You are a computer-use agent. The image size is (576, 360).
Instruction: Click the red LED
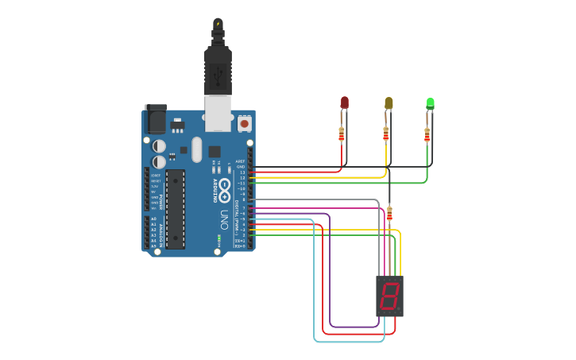pos(344,103)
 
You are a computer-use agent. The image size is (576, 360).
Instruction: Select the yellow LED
pos(389,103)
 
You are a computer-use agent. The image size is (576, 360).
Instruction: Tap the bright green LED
pos(430,103)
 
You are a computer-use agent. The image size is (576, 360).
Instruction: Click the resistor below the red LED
pos(342,134)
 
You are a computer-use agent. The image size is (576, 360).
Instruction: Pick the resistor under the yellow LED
pos(386,134)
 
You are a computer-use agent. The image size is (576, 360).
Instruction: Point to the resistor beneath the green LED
pos(427,134)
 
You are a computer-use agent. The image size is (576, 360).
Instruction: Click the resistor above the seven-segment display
pos(389,213)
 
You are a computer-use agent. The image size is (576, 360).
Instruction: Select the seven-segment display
pos(389,296)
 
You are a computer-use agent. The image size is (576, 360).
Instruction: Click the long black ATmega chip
pos(175,208)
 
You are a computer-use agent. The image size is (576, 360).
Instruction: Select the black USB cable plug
pos(217,68)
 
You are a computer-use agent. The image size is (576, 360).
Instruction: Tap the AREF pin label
pos(241,161)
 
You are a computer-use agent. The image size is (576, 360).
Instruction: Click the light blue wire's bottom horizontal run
pos(350,342)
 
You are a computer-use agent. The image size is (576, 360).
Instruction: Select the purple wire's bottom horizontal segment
pos(354,327)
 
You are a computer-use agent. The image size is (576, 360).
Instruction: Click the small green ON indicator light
pos(218,238)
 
